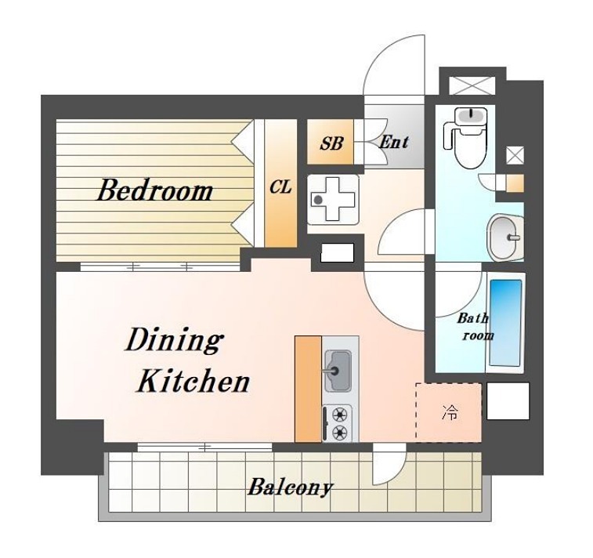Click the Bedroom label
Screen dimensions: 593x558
point(155,190)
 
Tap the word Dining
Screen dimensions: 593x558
point(174,341)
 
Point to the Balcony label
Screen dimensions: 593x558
point(291,487)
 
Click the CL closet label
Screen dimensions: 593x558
point(280,187)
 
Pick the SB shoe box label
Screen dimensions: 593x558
point(331,143)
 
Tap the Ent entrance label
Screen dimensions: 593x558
point(394,142)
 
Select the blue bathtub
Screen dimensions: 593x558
point(505,323)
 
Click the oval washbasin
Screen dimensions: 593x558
point(505,237)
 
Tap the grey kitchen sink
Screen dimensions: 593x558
point(338,371)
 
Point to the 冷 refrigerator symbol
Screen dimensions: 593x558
point(450,412)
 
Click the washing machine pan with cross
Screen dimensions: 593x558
point(333,199)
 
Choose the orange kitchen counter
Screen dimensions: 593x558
point(308,389)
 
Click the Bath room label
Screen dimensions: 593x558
point(475,327)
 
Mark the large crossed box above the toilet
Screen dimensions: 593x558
point(472,86)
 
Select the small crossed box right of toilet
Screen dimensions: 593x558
point(515,155)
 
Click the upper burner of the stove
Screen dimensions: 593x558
point(341,415)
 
